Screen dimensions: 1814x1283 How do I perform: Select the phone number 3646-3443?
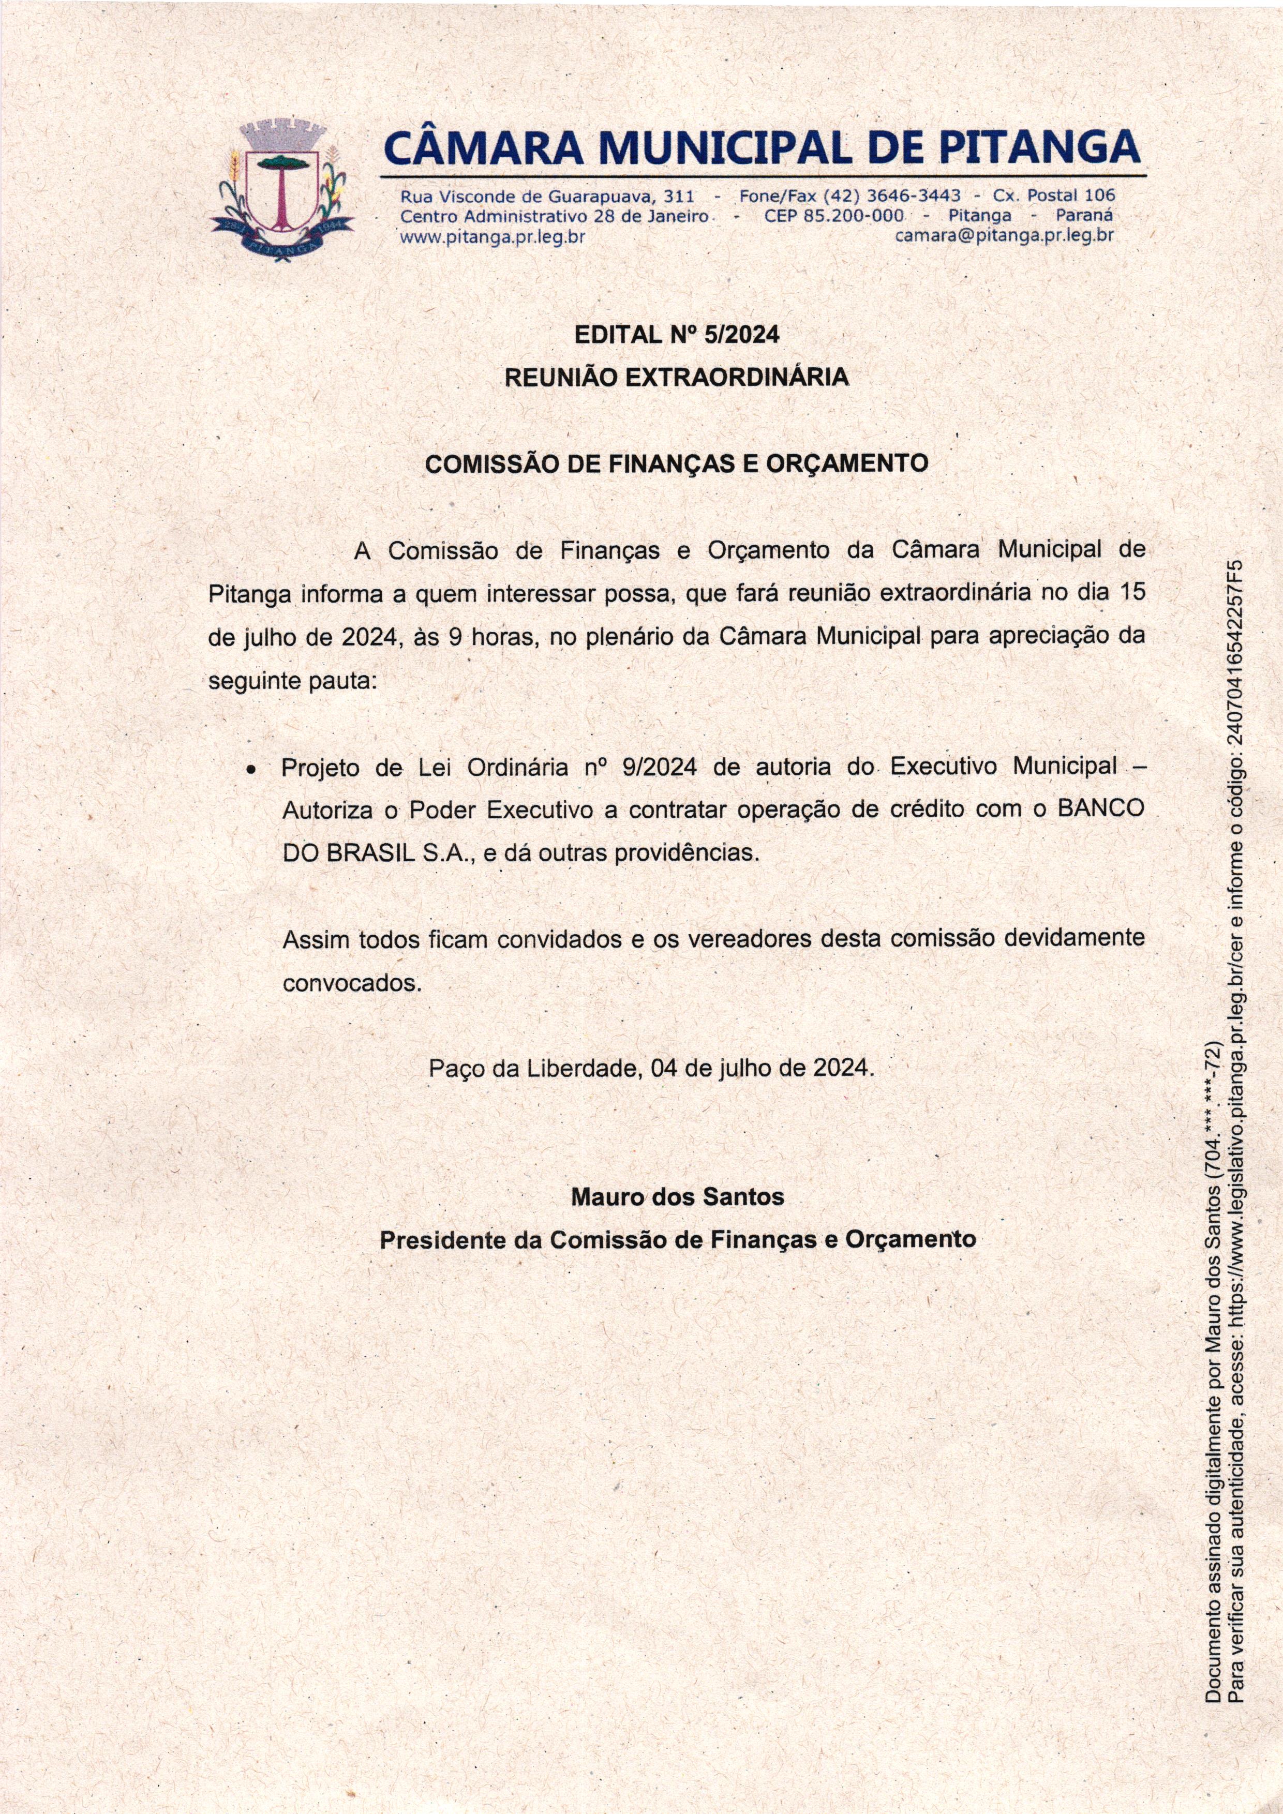pyautogui.click(x=913, y=195)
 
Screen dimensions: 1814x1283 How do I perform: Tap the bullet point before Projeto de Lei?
pyautogui.click(x=250, y=769)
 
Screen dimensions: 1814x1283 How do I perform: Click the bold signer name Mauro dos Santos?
pyautogui.click(x=677, y=1197)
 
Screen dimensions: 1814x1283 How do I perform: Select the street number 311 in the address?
pyautogui.click(x=678, y=195)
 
